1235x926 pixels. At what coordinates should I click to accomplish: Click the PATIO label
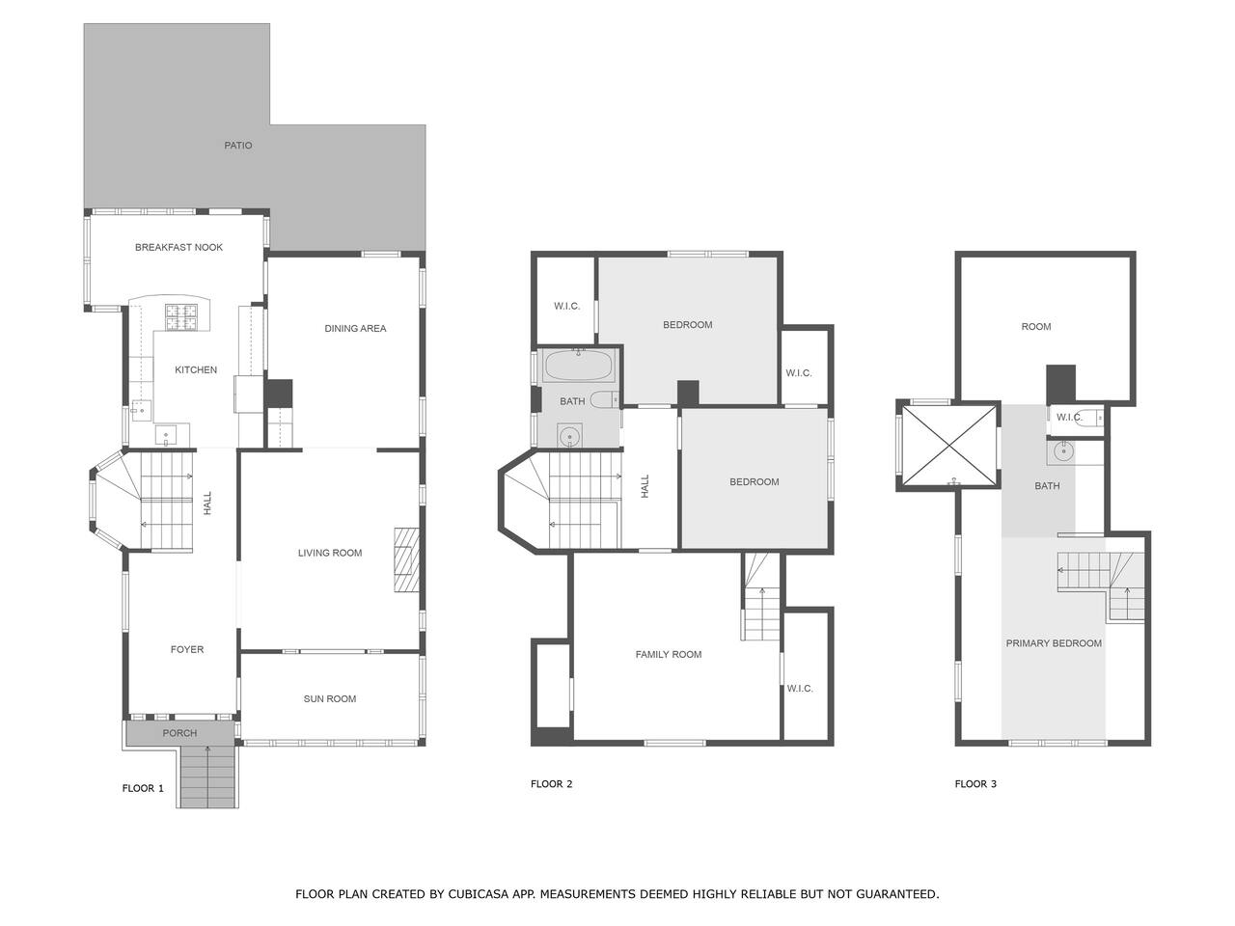(x=238, y=146)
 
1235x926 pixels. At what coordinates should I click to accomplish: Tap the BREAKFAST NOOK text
(x=178, y=247)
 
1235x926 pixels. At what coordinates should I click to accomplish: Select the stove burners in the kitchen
(x=181, y=316)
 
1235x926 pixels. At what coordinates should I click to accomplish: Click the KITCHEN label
(x=196, y=370)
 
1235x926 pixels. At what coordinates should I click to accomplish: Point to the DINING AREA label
(x=356, y=328)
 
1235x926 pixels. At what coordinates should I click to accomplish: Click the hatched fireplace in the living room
(x=406, y=559)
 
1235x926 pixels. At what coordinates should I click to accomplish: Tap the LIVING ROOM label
(x=330, y=554)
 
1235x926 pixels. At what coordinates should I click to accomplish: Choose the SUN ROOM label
(x=330, y=699)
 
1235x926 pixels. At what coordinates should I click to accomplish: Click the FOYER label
(x=187, y=649)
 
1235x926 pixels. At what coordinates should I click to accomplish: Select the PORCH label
(x=180, y=733)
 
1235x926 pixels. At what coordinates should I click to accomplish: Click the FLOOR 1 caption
(x=143, y=788)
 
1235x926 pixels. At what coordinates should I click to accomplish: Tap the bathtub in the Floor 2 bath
(x=578, y=366)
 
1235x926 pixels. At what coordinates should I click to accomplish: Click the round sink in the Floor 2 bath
(x=570, y=436)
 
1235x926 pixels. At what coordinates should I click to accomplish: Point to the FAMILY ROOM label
(x=669, y=654)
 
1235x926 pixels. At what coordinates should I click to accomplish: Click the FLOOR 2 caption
(x=551, y=784)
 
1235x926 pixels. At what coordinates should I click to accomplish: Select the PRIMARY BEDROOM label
(x=1054, y=643)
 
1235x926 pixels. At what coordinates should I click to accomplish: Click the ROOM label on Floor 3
(x=1036, y=327)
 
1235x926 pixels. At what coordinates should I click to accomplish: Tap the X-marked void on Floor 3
(x=949, y=446)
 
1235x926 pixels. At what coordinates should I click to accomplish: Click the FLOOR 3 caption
(x=975, y=784)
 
